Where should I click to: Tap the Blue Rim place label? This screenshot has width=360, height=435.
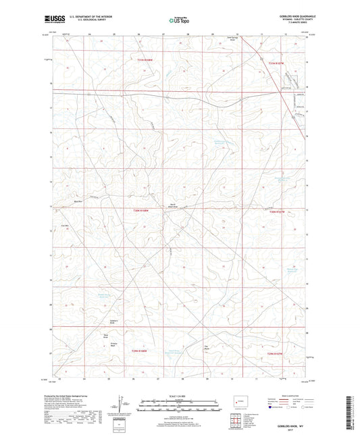(78, 201)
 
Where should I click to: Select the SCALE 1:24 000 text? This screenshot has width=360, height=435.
(178, 394)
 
